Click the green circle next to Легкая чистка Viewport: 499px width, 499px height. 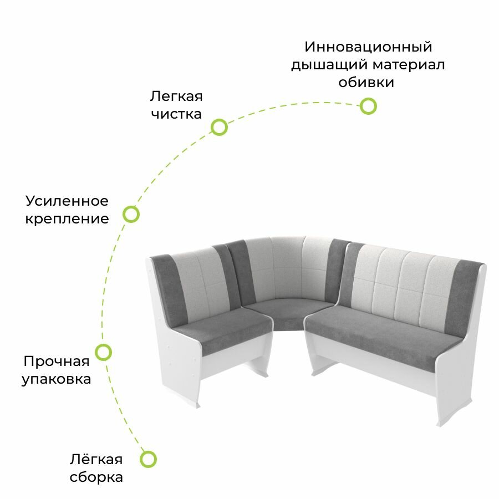pos(220,128)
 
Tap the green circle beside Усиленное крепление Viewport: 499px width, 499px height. pos(131,214)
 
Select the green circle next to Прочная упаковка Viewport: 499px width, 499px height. pos(104,352)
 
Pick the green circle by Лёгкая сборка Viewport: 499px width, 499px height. pos(148,459)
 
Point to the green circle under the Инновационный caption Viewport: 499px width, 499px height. pos(368,106)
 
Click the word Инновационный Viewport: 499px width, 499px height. pos(368,47)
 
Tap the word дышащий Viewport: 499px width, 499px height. pos(329,65)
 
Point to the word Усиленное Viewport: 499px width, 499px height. pos(67,201)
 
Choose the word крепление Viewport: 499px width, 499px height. pos(67,219)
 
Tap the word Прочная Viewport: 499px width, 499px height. pos(56,361)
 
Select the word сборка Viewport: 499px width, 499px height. pos(96,477)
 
